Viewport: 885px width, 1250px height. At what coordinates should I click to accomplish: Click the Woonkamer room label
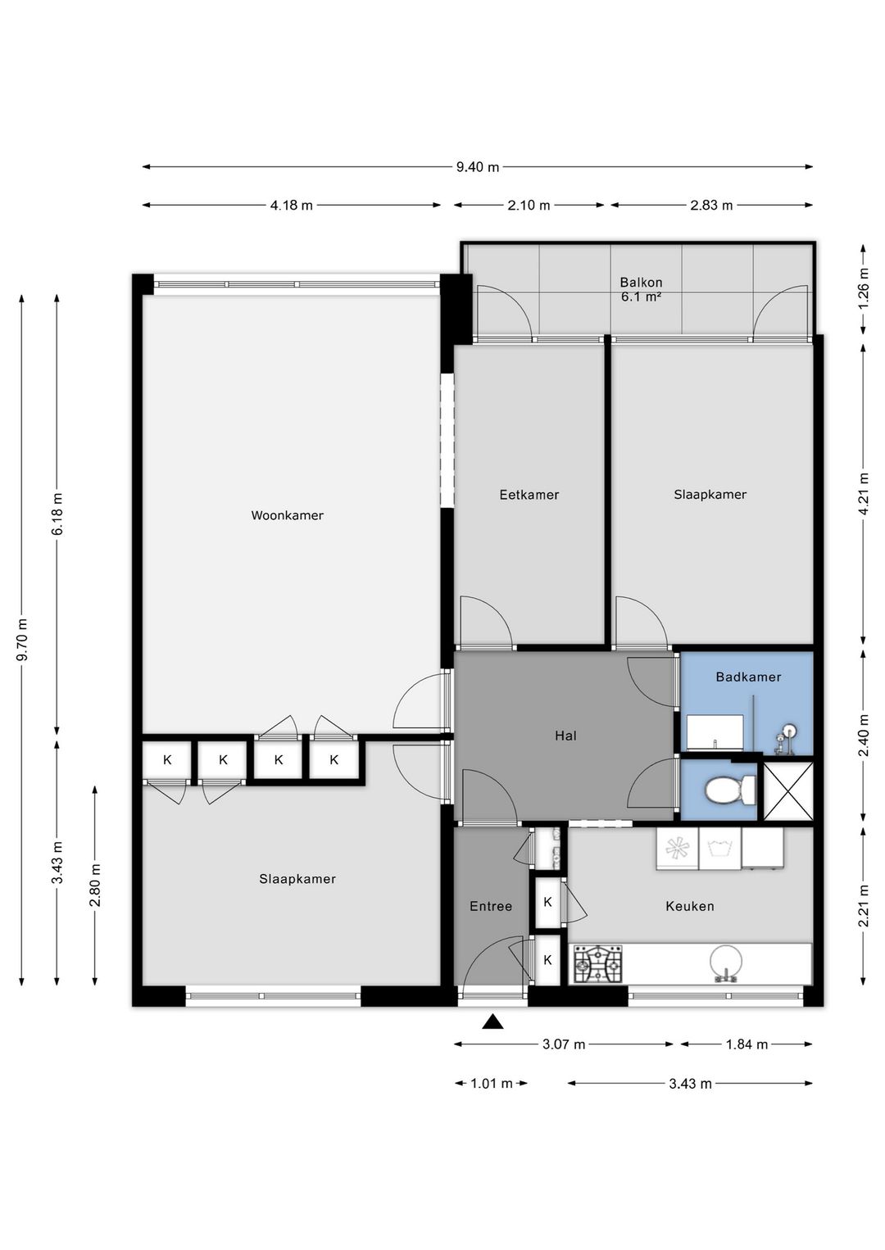click(287, 515)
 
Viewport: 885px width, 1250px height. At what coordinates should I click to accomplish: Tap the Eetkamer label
click(529, 495)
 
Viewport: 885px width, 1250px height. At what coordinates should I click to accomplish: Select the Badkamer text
click(748, 677)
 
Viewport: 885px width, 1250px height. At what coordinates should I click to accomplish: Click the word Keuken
click(690, 906)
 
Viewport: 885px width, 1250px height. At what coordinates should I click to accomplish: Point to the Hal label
click(565, 736)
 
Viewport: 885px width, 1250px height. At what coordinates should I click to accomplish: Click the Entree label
click(491, 906)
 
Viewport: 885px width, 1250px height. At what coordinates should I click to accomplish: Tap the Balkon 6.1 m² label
click(641, 290)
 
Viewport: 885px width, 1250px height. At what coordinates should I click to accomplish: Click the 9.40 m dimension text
click(478, 167)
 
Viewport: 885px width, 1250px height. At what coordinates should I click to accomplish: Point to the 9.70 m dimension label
click(22, 640)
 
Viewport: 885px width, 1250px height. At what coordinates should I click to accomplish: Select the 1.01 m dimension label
click(492, 1084)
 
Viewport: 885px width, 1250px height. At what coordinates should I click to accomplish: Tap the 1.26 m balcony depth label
click(863, 288)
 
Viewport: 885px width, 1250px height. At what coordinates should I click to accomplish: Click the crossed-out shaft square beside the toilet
click(787, 790)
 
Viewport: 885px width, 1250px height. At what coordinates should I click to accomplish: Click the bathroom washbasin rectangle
click(715, 732)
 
